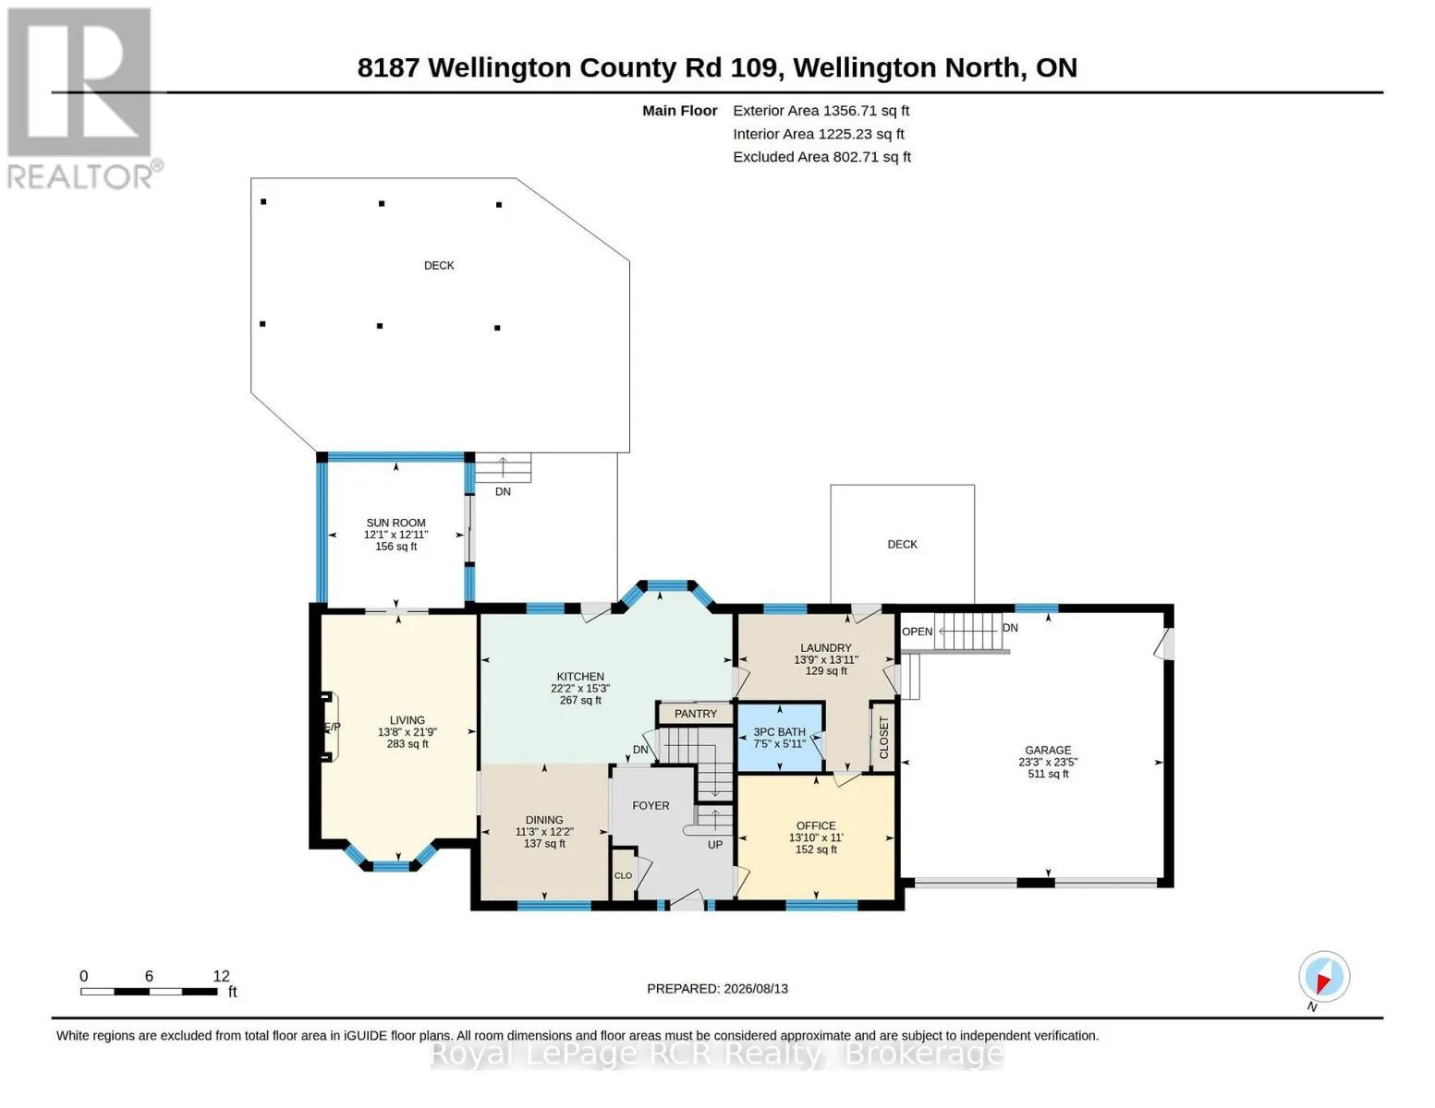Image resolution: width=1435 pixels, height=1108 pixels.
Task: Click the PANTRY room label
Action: (696, 714)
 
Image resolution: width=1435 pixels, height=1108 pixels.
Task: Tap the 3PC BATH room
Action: (780, 737)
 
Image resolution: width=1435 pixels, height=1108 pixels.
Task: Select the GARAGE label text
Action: (1048, 750)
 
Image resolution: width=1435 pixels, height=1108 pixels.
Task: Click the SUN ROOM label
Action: (396, 523)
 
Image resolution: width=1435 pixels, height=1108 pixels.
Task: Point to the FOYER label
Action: (651, 805)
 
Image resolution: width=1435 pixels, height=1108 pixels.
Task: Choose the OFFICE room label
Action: (816, 825)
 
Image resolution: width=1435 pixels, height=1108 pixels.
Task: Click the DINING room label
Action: (544, 820)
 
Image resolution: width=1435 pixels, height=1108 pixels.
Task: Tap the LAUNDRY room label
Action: (825, 648)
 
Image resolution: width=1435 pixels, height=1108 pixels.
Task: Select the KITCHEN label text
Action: (580, 677)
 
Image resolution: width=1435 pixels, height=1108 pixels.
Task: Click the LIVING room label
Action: (407, 720)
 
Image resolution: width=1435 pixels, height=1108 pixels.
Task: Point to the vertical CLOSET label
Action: (884, 738)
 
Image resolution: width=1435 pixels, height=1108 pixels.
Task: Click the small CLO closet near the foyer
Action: (624, 875)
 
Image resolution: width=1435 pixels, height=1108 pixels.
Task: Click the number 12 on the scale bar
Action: (221, 975)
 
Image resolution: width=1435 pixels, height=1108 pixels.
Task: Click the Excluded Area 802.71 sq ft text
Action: (821, 157)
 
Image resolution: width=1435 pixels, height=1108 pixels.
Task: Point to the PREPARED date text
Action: (717, 989)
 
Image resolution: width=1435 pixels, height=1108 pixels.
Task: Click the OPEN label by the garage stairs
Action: (918, 632)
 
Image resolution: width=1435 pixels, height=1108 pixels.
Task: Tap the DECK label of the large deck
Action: (439, 265)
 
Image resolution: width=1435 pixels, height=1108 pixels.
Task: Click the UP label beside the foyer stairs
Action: (715, 845)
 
